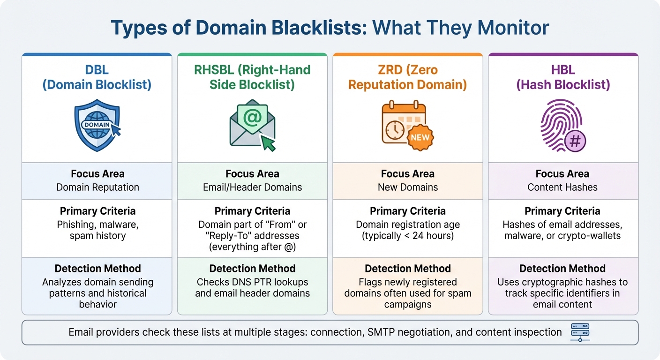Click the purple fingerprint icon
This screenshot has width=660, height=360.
point(562,125)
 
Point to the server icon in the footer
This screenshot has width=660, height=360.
point(580,332)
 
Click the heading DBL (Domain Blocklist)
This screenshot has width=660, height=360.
point(97,77)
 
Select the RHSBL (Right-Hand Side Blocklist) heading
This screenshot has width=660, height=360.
point(252,77)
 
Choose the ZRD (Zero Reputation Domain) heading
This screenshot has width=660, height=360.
point(407,77)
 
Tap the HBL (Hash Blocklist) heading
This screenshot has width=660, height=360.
point(562,77)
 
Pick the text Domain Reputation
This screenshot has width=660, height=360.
point(97,187)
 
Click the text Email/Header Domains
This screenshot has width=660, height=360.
point(252,187)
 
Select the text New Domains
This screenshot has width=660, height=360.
point(407,187)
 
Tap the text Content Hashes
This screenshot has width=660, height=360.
point(562,187)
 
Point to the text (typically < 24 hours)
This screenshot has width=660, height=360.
point(407,235)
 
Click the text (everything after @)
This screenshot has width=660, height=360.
point(252,247)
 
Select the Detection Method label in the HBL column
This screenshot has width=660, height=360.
point(562,269)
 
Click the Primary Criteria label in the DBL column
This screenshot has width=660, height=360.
point(97,211)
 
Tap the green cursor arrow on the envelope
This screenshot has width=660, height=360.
point(268,143)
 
